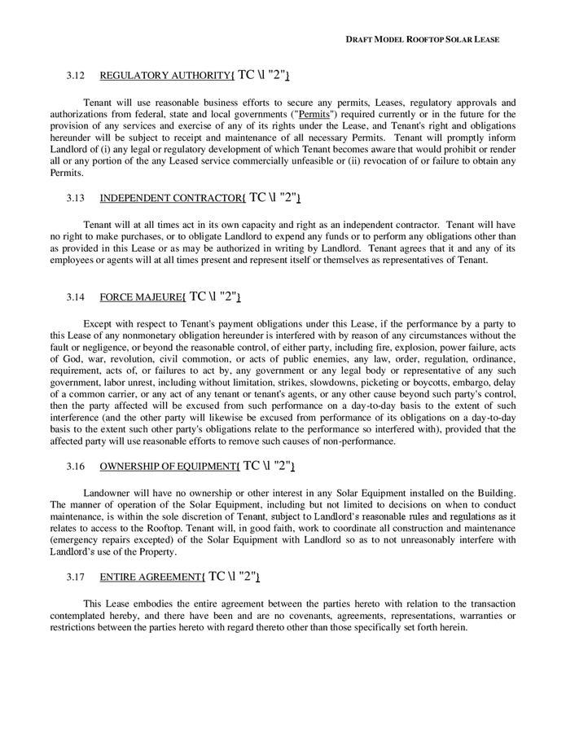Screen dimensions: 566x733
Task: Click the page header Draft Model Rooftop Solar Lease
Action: tap(423, 39)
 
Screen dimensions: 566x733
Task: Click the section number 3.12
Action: tap(76, 77)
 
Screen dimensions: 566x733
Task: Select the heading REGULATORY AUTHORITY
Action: tap(165, 77)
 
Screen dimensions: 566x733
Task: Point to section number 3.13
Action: tap(76, 198)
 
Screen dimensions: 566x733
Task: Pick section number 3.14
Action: tap(76, 297)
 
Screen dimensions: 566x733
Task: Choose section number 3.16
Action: tap(76, 467)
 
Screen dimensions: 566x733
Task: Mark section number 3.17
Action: tap(76, 577)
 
